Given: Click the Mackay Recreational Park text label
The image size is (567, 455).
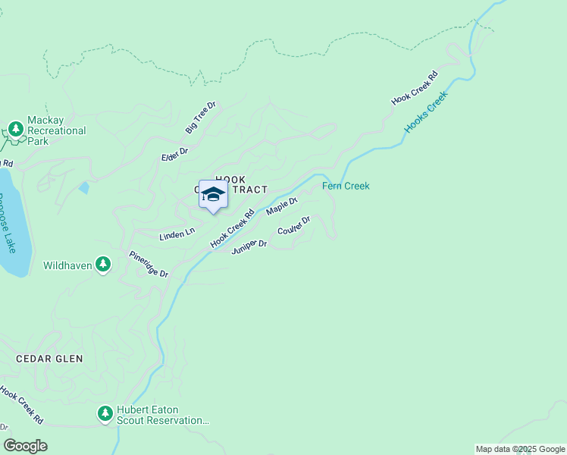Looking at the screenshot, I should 57,130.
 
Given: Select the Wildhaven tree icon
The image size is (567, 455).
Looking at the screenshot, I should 104,265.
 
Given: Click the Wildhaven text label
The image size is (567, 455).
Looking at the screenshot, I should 67,265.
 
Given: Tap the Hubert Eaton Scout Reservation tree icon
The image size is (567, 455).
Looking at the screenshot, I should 105,414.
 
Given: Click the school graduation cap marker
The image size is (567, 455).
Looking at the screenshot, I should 213,195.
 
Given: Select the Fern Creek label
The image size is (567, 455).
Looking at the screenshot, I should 346,186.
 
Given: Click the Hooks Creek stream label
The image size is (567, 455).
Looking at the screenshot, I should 426,112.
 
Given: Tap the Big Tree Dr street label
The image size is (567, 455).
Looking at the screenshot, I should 201,118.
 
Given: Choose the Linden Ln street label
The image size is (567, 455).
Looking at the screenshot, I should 177,235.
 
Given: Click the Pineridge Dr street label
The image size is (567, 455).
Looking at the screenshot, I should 148,264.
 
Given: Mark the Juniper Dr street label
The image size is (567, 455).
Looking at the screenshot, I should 249,246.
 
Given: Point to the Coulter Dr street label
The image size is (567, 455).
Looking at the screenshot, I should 294,225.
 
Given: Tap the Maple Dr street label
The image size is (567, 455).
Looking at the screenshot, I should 282,206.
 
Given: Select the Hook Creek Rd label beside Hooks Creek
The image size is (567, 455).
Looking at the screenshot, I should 415,88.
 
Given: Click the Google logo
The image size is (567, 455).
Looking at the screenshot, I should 26,446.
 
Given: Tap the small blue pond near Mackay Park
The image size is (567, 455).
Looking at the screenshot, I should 83,187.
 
